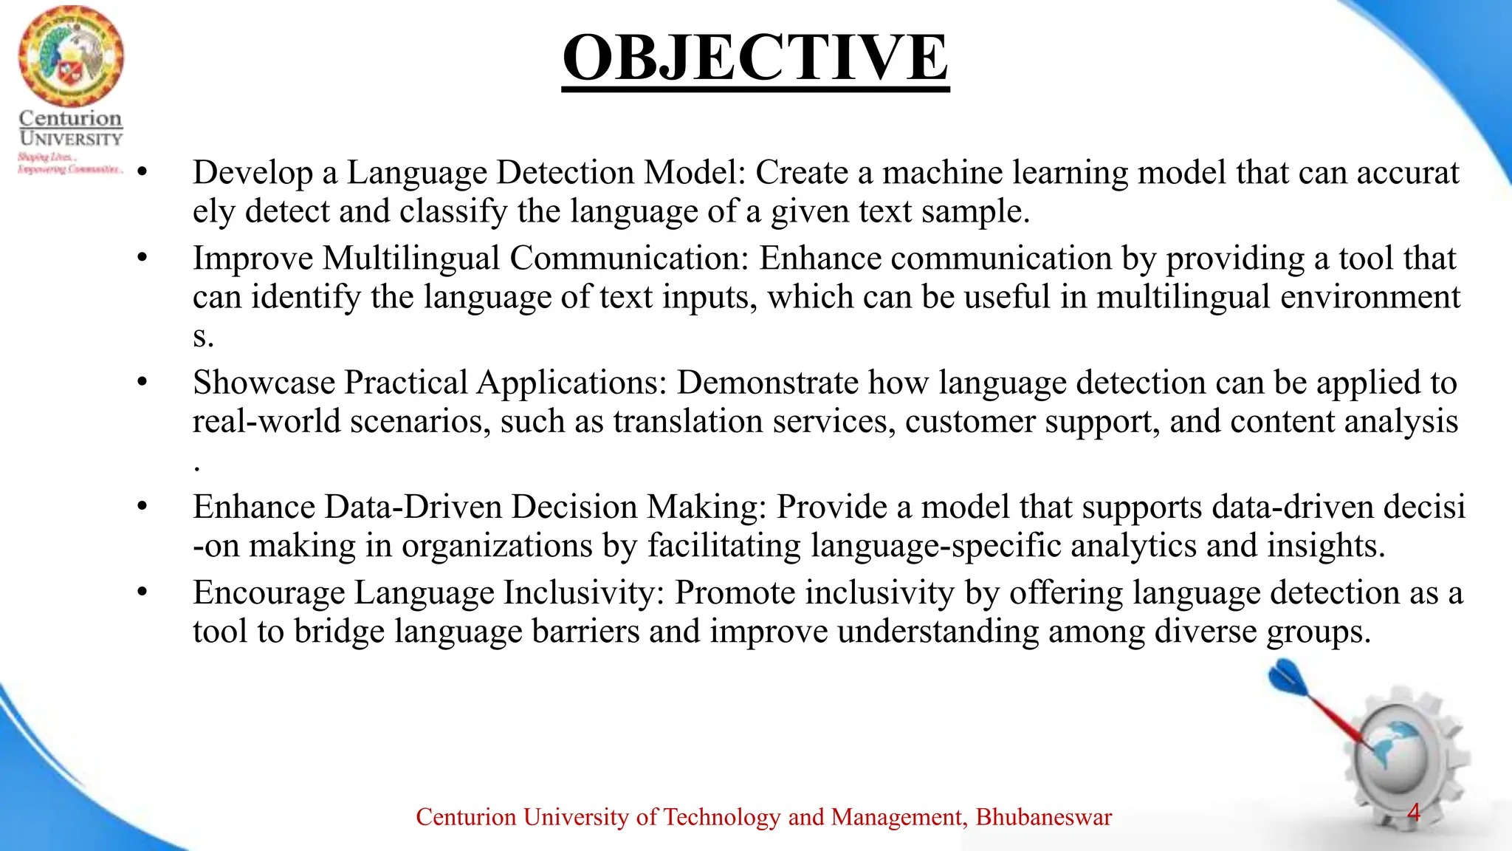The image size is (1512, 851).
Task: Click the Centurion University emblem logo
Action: pyautogui.click(x=71, y=56)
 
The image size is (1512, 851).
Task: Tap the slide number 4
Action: pyautogui.click(x=1413, y=813)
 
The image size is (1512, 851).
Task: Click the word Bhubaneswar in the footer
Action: pyautogui.click(x=1043, y=817)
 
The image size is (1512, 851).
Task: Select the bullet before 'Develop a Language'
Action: pyautogui.click(x=142, y=173)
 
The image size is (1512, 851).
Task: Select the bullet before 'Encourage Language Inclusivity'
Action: pyautogui.click(x=142, y=592)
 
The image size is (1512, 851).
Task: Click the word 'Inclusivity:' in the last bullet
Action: pyautogui.click(x=584, y=592)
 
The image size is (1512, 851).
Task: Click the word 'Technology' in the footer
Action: pyautogui.click(x=721, y=817)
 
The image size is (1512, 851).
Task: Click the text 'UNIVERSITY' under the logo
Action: pyautogui.click(x=71, y=138)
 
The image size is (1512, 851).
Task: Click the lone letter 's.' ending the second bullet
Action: pyautogui.click(x=203, y=337)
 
